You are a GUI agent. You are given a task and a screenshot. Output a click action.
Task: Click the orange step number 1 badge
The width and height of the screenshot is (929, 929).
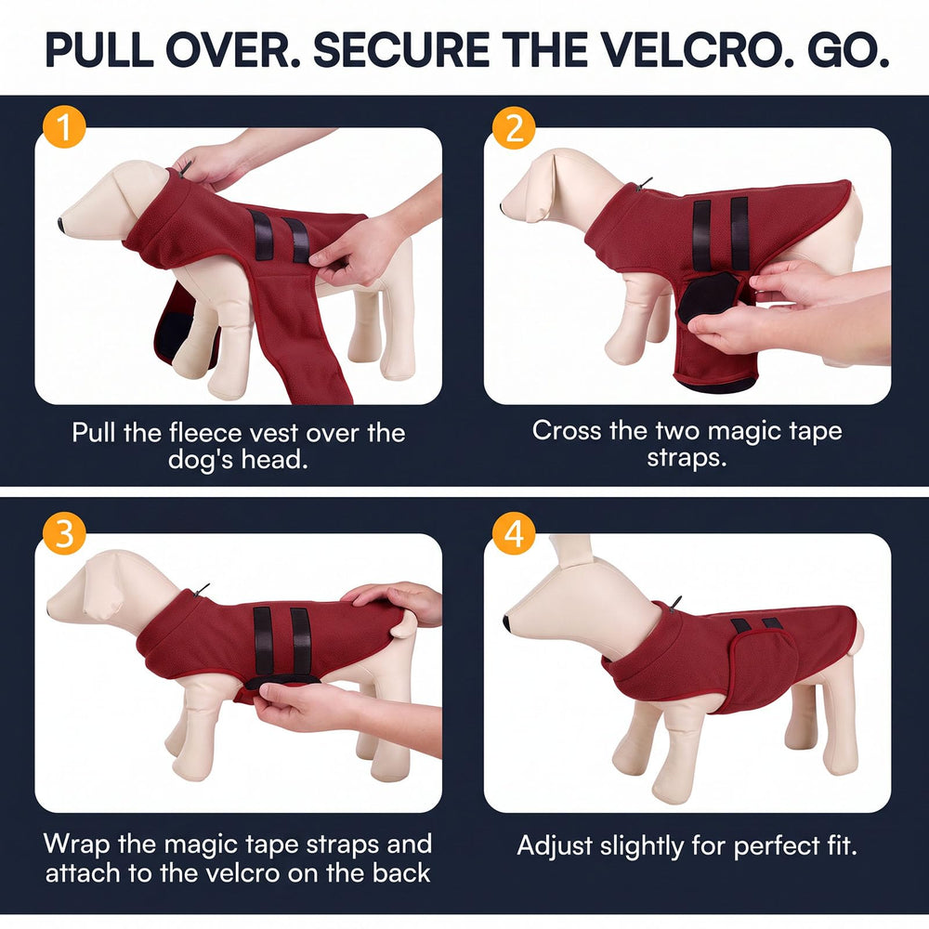65,126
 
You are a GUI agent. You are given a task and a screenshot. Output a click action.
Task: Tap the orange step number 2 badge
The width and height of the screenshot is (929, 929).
514,128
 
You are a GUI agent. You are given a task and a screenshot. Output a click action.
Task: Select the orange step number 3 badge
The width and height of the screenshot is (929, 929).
65,532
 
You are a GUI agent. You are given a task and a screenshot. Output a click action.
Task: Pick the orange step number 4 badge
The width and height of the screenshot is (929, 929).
514,533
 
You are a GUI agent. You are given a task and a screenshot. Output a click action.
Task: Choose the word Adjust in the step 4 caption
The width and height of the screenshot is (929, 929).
555,846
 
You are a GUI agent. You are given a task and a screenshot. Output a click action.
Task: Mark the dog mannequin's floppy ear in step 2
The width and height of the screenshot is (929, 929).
543,185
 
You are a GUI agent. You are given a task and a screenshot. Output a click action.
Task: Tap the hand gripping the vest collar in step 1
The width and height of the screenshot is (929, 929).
207,164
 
